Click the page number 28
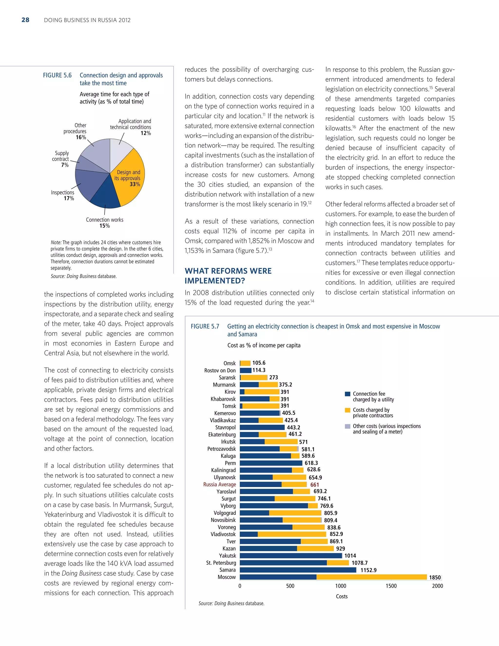pyautogui.click(x=25, y=20)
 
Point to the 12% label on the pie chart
pyautogui.click(x=146, y=133)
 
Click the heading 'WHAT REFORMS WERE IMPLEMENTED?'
pyautogui.click(x=228, y=276)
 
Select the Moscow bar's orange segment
pyautogui.click(x=372, y=577)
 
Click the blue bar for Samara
pyautogui.click(x=298, y=570)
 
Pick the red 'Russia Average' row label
pyautogui.click(x=219, y=485)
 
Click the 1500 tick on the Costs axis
pyautogui.click(x=391, y=586)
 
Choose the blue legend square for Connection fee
pyautogui.click(x=348, y=394)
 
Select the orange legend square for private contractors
pyautogui.click(x=348, y=410)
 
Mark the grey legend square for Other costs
pyautogui.click(x=348, y=426)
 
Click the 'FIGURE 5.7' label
pyautogui.click(x=205, y=326)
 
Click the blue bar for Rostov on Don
pyautogui.click(x=245, y=370)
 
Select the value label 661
pyautogui.click(x=315, y=485)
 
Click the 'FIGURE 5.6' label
pyautogui.click(x=57, y=75)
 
